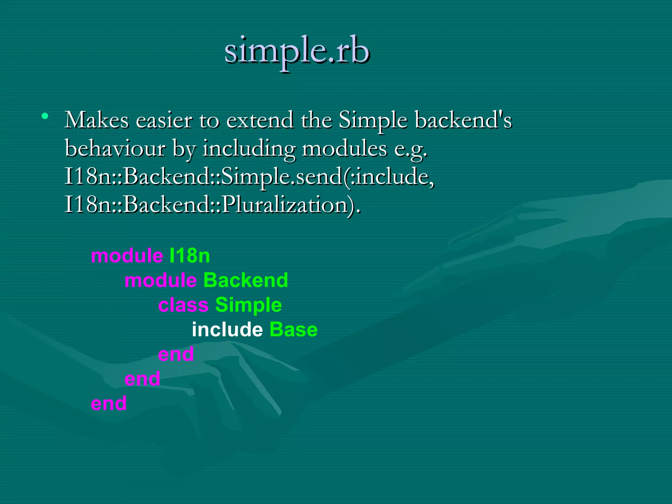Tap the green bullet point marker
tap(45, 116)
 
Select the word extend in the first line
tap(260, 120)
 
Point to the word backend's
tap(463, 120)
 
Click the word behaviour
tap(115, 149)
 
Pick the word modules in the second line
tap(344, 149)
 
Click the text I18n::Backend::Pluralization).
tap(212, 205)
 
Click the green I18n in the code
tap(190, 256)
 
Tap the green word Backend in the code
tap(245, 280)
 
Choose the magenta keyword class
tap(183, 305)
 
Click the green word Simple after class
tap(248, 305)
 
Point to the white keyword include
tap(227, 329)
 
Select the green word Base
tap(293, 329)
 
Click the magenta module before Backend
tap(160, 280)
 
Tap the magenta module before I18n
tap(127, 256)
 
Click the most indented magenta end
tap(176, 354)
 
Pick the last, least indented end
tap(109, 403)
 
